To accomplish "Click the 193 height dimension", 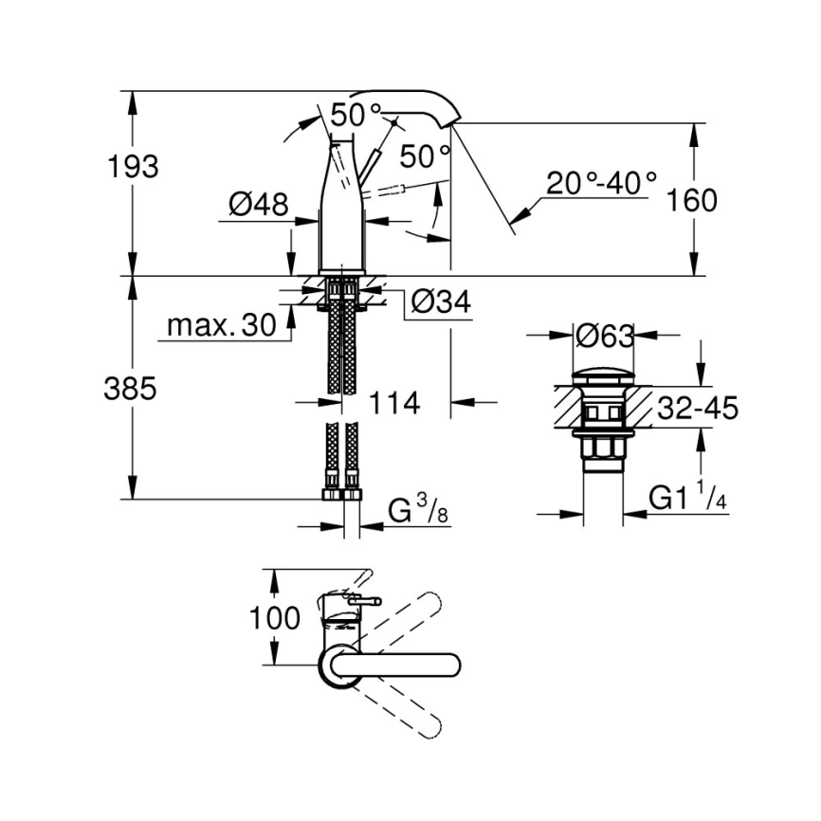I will pos(133,167).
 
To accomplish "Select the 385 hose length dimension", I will pos(129,389).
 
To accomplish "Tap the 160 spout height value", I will pos(691,201).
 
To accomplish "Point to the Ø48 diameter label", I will pos(258,204).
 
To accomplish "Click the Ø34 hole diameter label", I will pos(441,302).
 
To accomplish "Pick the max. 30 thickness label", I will pos(221,326).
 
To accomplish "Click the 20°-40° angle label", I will pos(601,182).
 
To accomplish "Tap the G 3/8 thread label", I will pos(417,512).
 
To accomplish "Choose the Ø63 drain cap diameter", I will pos(604,337).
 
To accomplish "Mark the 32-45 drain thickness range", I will pos(697,409).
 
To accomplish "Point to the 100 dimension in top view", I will pos(274,618).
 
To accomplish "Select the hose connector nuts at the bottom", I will pos(341,493).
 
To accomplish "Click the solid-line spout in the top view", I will pos(408,664).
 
